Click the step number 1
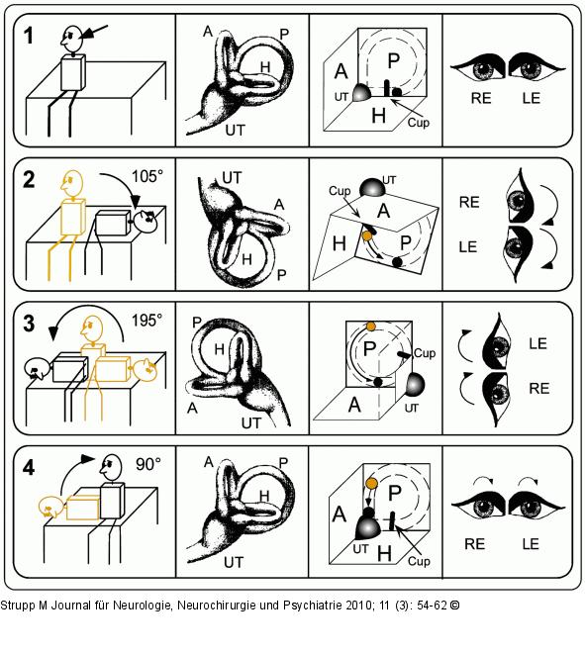point(28,36)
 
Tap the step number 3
point(29,325)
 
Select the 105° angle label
point(146,176)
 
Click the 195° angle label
point(146,321)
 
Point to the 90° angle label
point(148,464)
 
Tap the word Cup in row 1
point(418,123)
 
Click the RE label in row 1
point(481,98)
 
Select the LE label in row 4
point(531,544)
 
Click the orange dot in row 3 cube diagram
point(370,327)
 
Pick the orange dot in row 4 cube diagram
point(371,484)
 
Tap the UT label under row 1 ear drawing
point(235,131)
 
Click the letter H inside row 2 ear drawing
point(247,259)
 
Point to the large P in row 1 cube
point(394,61)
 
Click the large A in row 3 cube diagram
point(354,405)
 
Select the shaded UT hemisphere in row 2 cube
point(372,188)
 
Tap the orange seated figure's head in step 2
point(71,182)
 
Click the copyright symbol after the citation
point(454,605)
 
